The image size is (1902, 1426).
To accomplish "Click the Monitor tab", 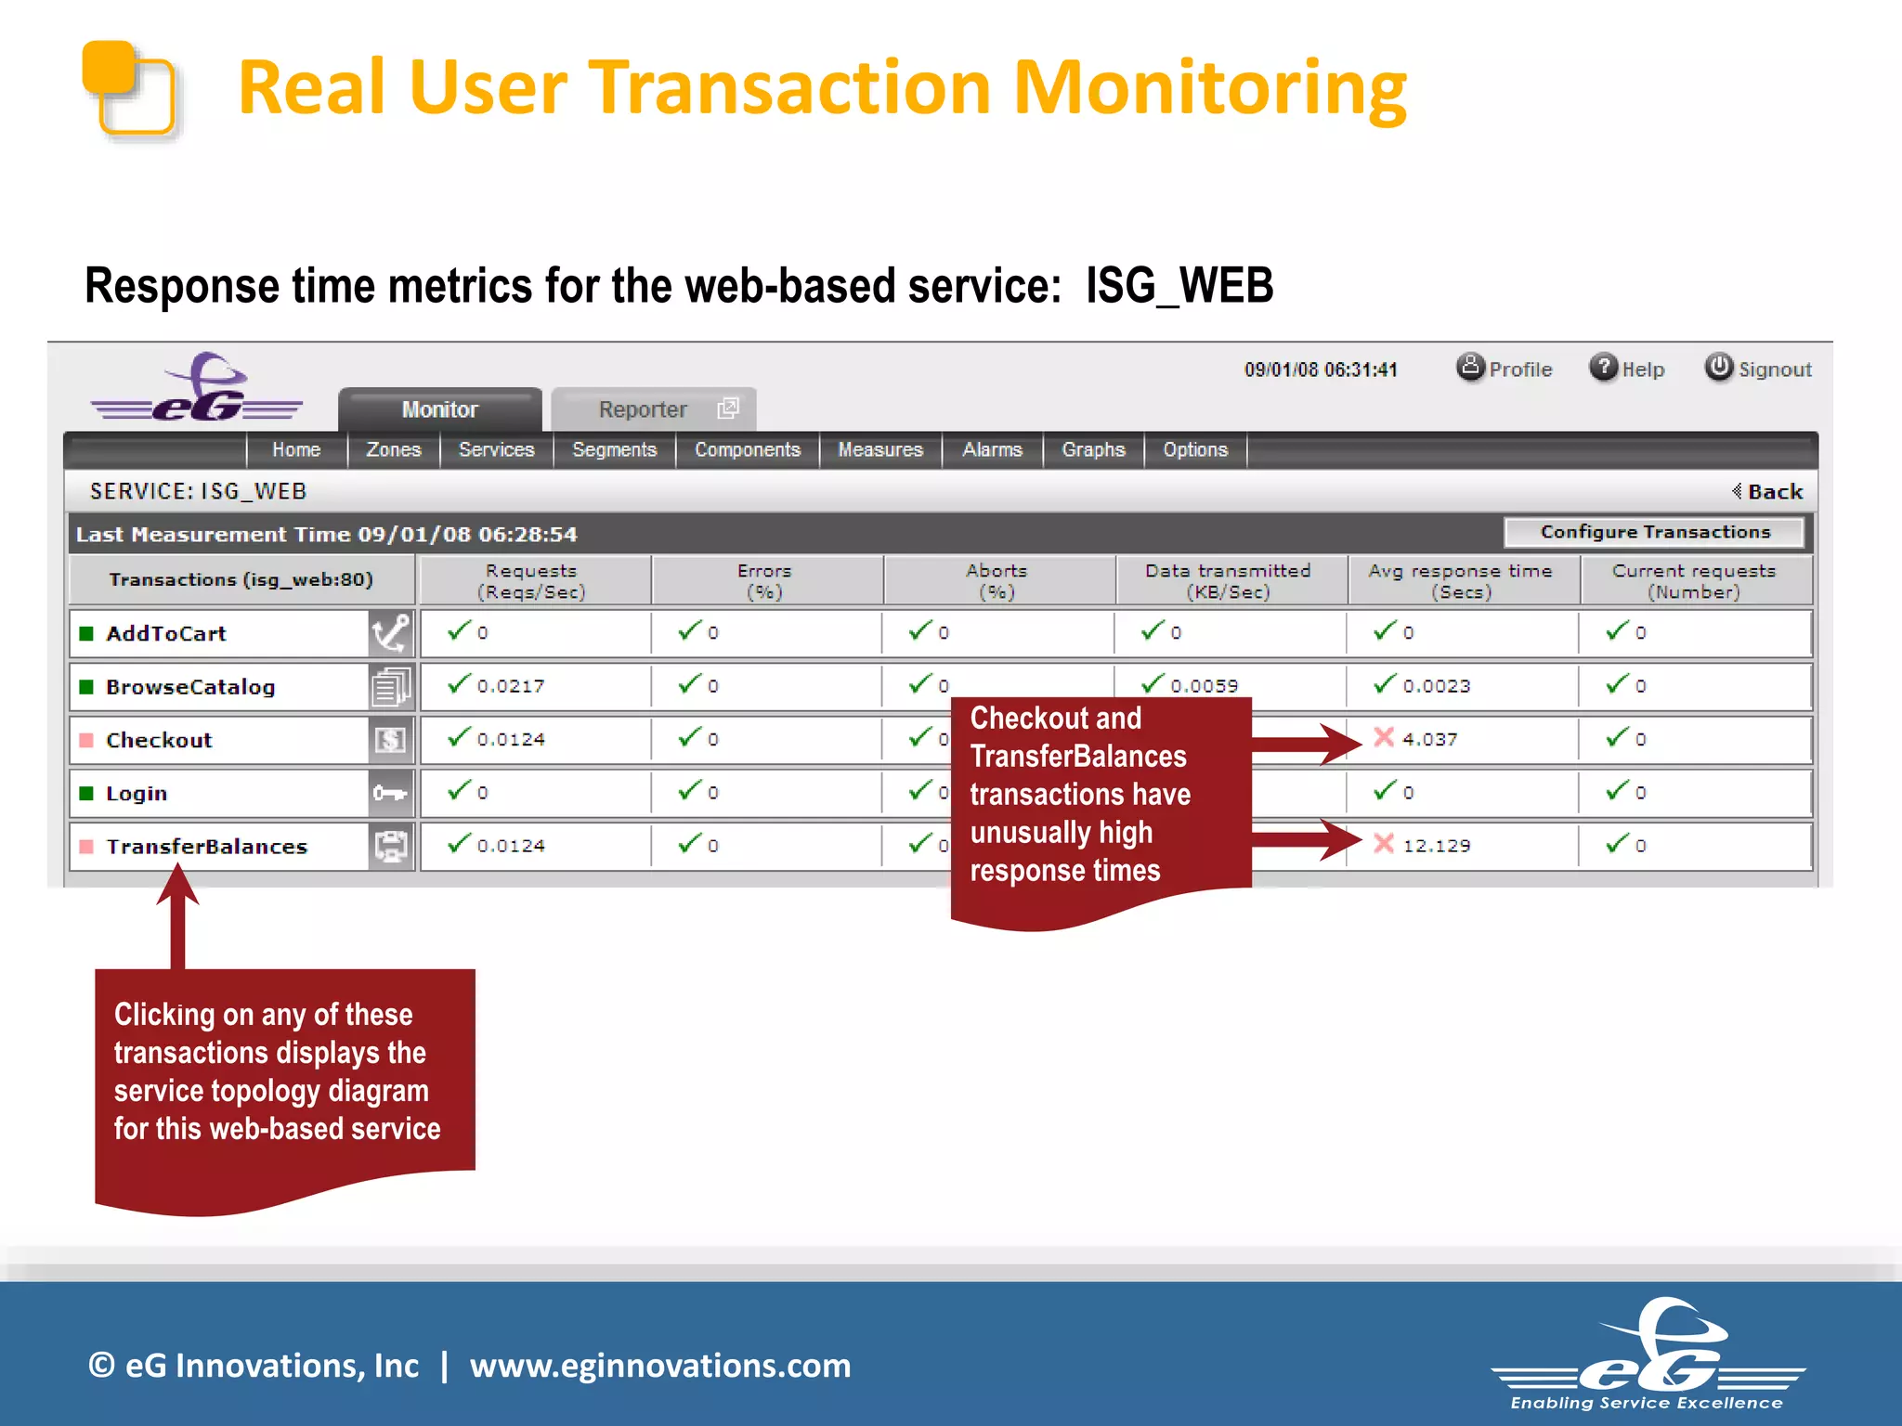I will pos(439,409).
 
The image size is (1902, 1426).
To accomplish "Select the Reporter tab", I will pos(643,409).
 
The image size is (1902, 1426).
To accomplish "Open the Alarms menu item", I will pos(991,449).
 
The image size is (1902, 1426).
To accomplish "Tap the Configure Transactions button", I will pos(1654,532).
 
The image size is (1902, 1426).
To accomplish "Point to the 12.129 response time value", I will pos(1436,846).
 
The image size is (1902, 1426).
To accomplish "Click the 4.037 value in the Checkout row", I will pos(1429,739).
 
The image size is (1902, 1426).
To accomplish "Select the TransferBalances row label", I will pos(206,847).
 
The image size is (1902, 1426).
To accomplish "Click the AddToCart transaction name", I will pos(166,633).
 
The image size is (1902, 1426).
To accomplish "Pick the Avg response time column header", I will pos(1460,581).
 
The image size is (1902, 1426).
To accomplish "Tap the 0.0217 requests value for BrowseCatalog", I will pos(511,686).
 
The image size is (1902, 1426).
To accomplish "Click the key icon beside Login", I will pos(390,793).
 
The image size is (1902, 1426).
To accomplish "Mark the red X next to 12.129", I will pos(1384,844).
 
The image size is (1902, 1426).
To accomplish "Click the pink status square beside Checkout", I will pos(86,740).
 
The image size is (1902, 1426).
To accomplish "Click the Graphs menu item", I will pos(1092,449).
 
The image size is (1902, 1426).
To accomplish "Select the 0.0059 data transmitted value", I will pos(1204,686).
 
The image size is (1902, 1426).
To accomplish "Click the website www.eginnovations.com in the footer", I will pos(659,1366).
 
